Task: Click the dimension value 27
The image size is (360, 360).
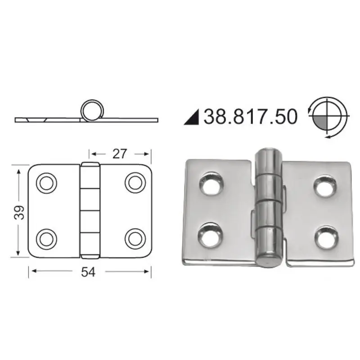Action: pyautogui.click(x=119, y=154)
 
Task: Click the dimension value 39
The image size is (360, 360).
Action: pyautogui.click(x=19, y=212)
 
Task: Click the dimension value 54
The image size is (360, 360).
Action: pyautogui.click(x=88, y=272)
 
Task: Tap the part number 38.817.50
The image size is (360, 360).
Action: pyautogui.click(x=251, y=117)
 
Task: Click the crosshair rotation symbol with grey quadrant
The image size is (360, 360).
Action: pyautogui.click(x=328, y=117)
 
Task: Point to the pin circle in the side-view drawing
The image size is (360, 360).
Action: pyautogui.click(x=92, y=110)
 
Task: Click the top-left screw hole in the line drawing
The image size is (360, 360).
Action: pyautogui.click(x=47, y=183)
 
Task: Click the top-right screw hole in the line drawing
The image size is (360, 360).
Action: pyautogui.click(x=135, y=183)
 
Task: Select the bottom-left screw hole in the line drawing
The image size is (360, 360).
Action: pyautogui.click(x=47, y=239)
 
